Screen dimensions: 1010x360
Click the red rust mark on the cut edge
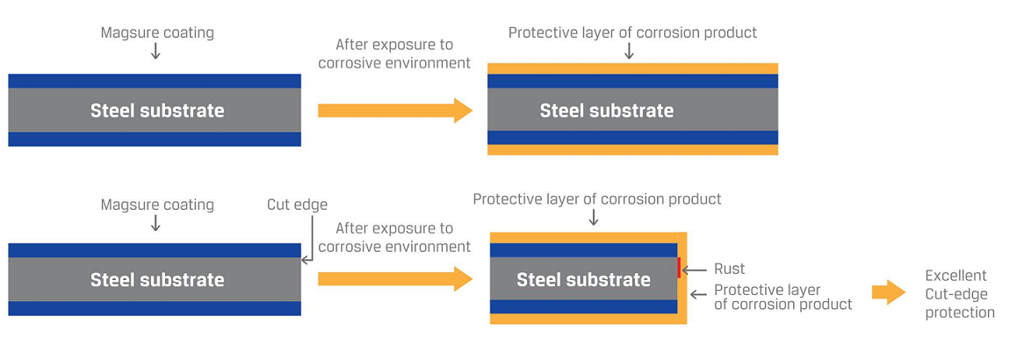click(679, 267)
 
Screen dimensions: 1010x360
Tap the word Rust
click(729, 269)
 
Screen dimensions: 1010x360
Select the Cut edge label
click(298, 205)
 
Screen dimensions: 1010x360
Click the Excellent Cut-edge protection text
click(959, 294)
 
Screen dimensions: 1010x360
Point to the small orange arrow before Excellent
click(889, 292)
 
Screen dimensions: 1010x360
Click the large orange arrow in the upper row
click(395, 110)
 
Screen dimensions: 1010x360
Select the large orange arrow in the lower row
click(395, 279)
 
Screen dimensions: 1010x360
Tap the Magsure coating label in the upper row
click(157, 32)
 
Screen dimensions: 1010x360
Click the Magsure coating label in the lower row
click(157, 205)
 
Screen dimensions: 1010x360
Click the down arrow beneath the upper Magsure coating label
click(155, 52)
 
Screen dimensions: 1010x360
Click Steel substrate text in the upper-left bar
click(157, 110)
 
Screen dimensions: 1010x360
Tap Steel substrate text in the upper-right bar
click(607, 110)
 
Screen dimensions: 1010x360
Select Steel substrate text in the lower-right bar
click(583, 279)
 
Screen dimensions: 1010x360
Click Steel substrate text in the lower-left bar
click(157, 279)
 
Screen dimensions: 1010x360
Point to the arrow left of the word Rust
click(695, 270)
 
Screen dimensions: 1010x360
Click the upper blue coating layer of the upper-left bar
click(155, 81)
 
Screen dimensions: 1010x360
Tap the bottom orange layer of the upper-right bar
click(632, 149)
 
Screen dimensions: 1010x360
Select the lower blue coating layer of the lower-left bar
click(155, 308)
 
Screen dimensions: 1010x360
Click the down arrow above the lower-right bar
click(594, 218)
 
